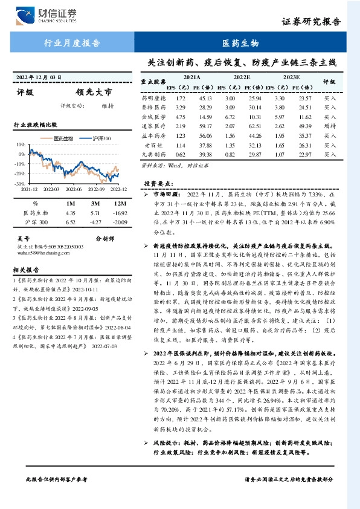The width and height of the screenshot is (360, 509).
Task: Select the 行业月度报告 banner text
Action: [74, 44]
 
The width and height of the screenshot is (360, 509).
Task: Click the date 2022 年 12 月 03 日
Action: [39, 77]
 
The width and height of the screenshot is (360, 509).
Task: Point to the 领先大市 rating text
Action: [94, 93]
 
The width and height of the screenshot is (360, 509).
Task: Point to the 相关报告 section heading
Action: [27, 270]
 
